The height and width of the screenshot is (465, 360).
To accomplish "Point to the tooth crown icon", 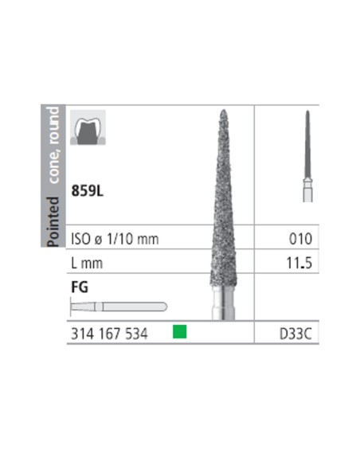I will (x=86, y=130).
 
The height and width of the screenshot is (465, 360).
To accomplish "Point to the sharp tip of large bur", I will (x=225, y=112).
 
